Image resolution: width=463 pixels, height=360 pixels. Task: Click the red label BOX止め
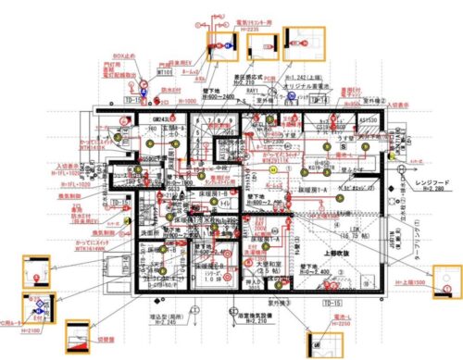coord(125,56)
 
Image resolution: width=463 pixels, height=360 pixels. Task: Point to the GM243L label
coord(165,119)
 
